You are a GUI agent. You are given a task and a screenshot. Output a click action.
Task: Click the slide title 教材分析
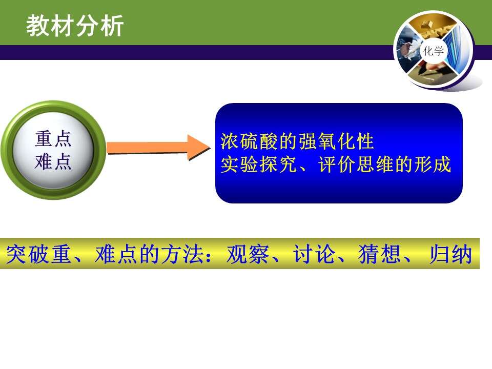point(75,26)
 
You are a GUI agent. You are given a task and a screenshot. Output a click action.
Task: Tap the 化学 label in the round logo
point(434,51)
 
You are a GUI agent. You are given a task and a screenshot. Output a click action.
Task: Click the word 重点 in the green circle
point(53,139)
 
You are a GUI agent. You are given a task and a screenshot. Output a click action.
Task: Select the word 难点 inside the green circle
point(53,162)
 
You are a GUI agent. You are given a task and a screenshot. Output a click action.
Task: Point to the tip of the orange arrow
point(210,148)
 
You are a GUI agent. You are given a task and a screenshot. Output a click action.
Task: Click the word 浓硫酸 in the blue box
point(250,141)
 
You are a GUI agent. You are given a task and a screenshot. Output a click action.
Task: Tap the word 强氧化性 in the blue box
point(336,141)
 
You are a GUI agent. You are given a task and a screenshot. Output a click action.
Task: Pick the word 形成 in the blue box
point(433,164)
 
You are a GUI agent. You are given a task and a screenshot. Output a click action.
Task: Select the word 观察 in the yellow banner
point(248,254)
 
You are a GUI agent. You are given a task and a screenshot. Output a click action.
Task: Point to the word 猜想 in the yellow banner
point(379,254)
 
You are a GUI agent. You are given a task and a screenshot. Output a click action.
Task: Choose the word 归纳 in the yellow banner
point(451,254)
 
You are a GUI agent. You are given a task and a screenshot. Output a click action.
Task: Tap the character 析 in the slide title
point(112,26)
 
